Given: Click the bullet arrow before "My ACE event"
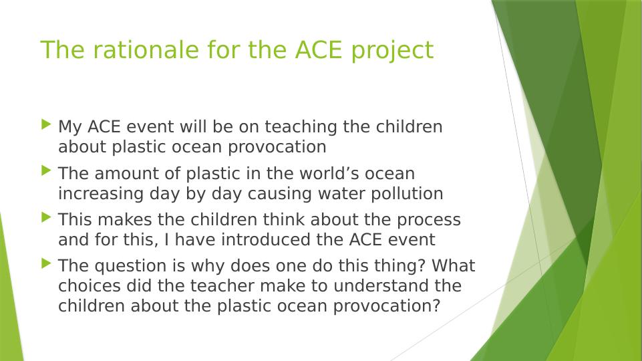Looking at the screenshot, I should click(x=46, y=124).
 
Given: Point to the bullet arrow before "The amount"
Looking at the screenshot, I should click(x=46, y=170).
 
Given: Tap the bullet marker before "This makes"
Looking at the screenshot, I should click(x=46, y=217).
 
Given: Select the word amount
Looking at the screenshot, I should click(x=122, y=173).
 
